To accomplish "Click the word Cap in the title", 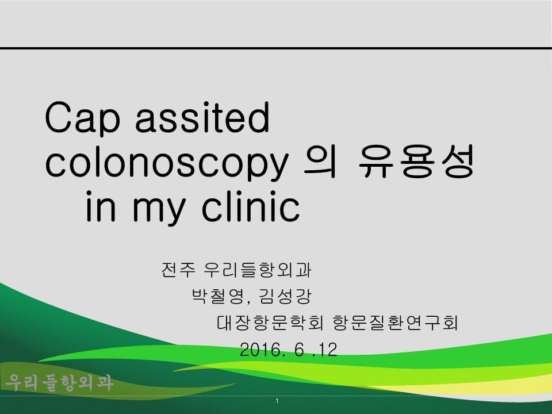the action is coord(83,118).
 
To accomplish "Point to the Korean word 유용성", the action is coord(416,162).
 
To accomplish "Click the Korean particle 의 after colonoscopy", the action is coord(320,162).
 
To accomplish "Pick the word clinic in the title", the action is coord(251,206).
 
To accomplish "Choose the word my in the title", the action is coord(159,210).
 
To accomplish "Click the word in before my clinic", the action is coord(101,206).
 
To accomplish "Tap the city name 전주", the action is coord(178,270).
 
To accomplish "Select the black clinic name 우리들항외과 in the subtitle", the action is coord(258,270).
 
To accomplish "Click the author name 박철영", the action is coord(218,296).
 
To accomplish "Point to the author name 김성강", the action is coord(285,296).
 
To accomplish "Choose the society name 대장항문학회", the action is coord(270,323).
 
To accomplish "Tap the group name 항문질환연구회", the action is coord(395,323).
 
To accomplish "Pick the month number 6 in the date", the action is coord(299,350).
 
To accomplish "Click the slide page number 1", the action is coord(277,401).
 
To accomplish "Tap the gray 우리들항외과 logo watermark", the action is coord(59,383).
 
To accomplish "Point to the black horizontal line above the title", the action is coord(276,48).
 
